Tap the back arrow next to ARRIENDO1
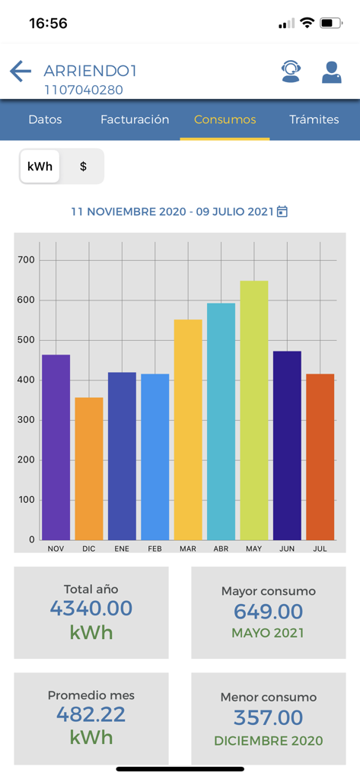(21, 72)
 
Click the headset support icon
(291, 72)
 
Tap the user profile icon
(331, 72)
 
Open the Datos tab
(45, 119)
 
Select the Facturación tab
(135, 119)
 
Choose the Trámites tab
(314, 119)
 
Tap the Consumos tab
(225, 119)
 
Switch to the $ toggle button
(83, 166)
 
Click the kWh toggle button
(40, 166)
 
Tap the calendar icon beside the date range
(282, 211)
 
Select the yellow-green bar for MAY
(254, 411)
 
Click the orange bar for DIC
(89, 468)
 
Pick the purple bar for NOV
(56, 447)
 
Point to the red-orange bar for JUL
(320, 456)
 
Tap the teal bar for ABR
(221, 421)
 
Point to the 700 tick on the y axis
(26, 260)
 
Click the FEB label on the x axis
(155, 548)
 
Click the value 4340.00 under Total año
(91, 609)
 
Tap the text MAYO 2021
(268, 633)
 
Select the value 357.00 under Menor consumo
(268, 718)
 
